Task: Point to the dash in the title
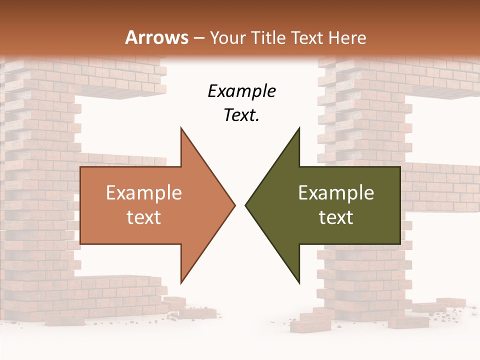tap(198, 38)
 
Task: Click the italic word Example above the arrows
tap(241, 91)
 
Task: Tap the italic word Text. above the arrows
tap(241, 115)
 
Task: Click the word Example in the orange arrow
tap(143, 193)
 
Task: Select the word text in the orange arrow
tap(143, 217)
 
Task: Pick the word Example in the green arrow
tap(336, 193)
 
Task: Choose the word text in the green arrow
tap(336, 217)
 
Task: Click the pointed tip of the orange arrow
tap(235, 205)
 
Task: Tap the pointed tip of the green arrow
tap(245, 205)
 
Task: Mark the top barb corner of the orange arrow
tap(181, 128)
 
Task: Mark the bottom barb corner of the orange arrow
tap(181, 283)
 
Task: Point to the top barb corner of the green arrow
tap(299, 128)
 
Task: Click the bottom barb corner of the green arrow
tap(299, 283)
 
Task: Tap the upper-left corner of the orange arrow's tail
tap(81, 167)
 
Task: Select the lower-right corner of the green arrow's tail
tap(399, 243)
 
